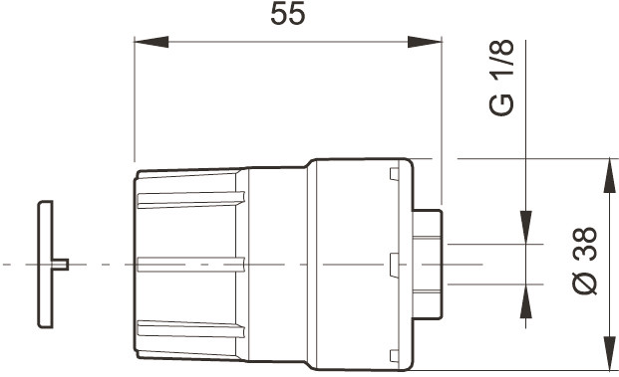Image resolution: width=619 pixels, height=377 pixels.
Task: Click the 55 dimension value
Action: [x=288, y=14]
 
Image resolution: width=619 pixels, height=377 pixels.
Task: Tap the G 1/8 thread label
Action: [x=501, y=78]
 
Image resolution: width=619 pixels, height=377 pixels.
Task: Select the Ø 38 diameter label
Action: [x=585, y=261]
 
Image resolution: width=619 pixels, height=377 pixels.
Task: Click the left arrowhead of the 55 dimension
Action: [x=152, y=42]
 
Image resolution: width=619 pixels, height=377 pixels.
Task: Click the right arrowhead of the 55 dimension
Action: [x=425, y=42]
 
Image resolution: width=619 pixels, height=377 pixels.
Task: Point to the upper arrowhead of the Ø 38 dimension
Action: [x=610, y=176]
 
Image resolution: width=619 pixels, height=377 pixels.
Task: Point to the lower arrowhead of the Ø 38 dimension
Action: [x=610, y=353]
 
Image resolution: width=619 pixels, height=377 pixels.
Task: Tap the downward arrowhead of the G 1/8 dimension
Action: [x=526, y=228]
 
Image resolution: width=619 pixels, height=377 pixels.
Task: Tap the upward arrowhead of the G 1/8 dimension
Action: [x=526, y=301]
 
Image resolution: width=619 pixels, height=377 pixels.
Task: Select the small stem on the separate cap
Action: [x=61, y=265]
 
